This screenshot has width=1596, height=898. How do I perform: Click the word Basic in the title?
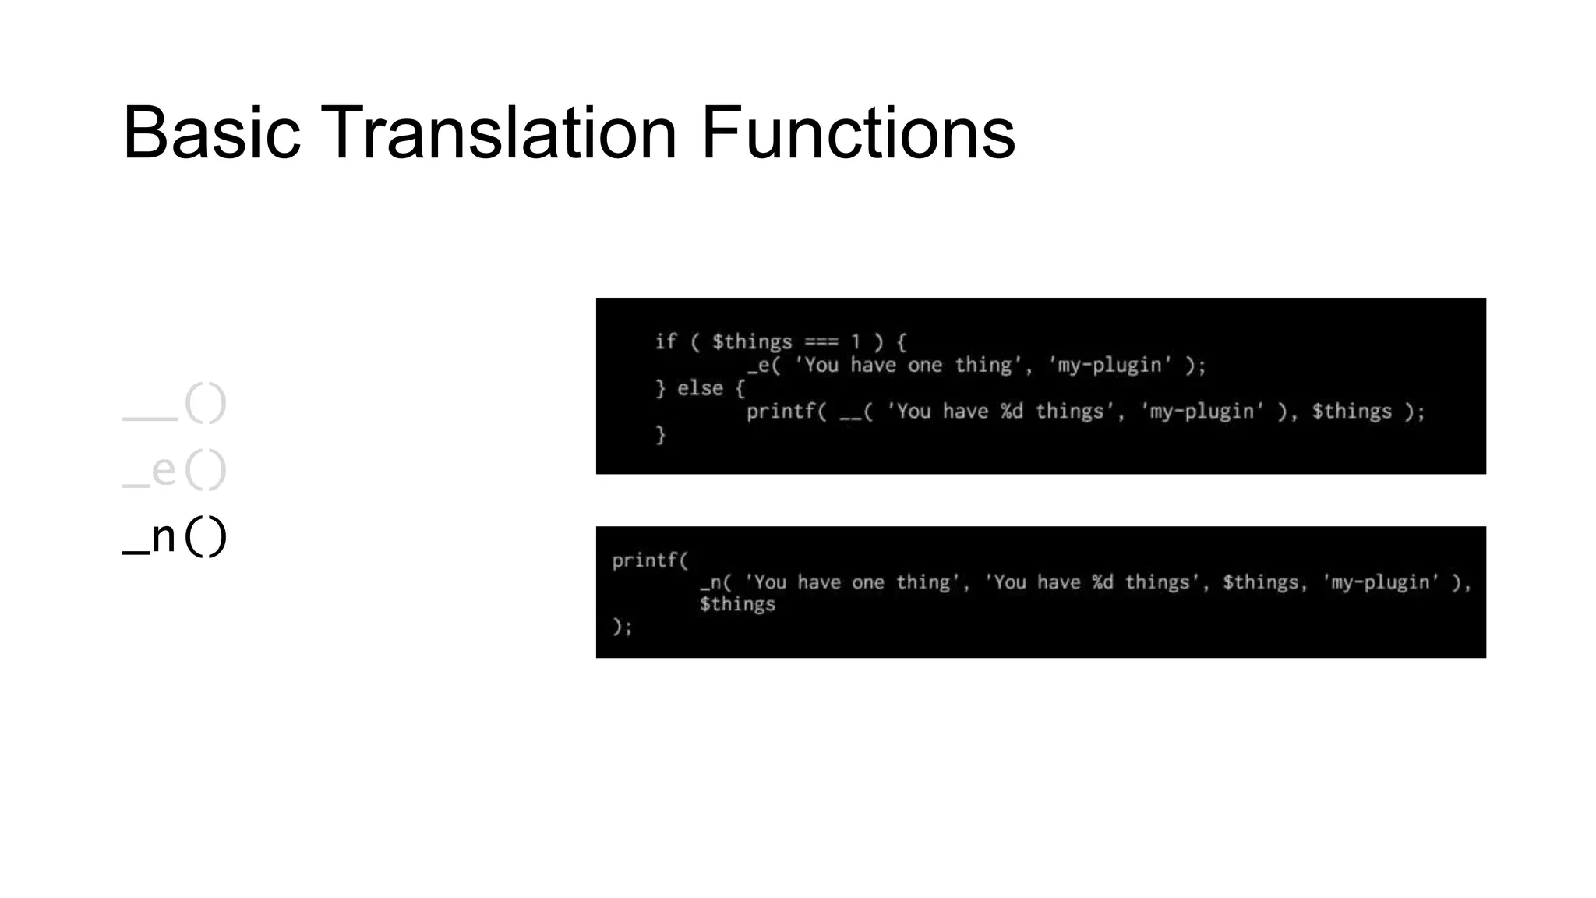coord(211,133)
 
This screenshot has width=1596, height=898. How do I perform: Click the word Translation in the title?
coord(499,133)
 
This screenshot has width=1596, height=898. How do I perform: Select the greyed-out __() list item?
coord(174,404)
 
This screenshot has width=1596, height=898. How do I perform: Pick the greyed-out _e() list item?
coord(174,470)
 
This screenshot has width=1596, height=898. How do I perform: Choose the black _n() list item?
coord(174,536)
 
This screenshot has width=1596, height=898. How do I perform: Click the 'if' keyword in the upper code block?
coord(666,341)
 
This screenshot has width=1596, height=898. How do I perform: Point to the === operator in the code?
coord(821,341)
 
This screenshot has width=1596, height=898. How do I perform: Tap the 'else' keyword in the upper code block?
coord(700,388)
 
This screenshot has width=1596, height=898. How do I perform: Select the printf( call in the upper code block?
coord(786,412)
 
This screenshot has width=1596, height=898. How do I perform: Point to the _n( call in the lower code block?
coord(715,582)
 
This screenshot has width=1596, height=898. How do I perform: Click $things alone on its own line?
coord(737,604)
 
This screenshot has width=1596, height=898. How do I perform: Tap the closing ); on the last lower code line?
coord(622,626)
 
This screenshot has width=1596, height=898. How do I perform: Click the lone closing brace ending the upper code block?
coord(660,434)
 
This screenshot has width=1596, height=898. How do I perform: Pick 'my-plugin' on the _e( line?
coord(1110,365)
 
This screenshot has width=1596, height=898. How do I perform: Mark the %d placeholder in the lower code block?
coord(1102,582)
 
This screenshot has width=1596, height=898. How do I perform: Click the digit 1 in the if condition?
coord(856,341)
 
